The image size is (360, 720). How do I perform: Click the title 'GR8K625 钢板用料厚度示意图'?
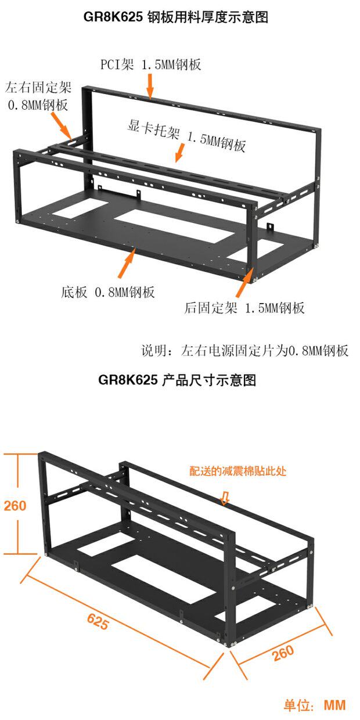[x=175, y=17]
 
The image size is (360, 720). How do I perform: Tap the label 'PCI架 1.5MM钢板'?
[x=151, y=64]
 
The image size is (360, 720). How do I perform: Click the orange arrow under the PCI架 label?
[x=150, y=87]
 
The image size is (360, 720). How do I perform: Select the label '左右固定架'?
[x=38, y=88]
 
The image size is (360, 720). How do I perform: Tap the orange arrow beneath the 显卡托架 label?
[x=179, y=153]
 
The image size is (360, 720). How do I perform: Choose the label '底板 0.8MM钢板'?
[x=108, y=291]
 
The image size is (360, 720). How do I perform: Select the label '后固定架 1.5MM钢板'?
[x=244, y=308]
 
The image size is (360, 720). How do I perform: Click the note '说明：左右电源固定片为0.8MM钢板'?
[x=245, y=351]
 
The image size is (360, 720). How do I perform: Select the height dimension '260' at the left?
[x=15, y=506]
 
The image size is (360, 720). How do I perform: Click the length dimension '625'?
[x=98, y=622]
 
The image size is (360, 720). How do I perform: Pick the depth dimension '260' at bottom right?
[x=282, y=652]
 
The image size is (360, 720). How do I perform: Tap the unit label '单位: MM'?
[x=314, y=705]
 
